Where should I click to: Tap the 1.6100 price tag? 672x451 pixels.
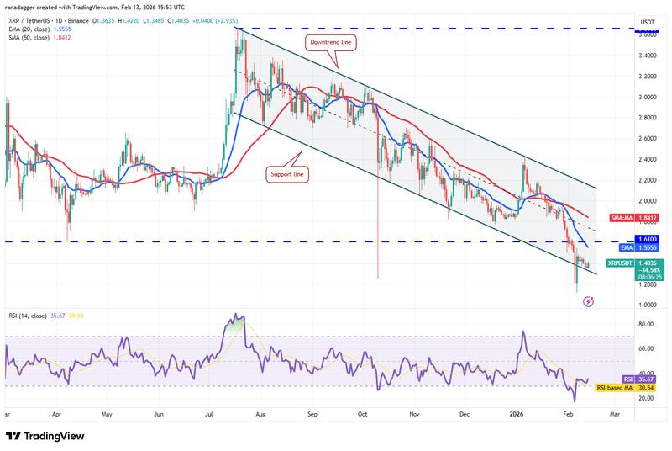coord(647,241)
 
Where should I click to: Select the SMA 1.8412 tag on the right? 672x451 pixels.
coord(646,219)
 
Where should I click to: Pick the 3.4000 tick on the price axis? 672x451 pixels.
coord(646,56)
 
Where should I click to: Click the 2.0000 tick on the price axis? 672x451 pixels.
coord(646,202)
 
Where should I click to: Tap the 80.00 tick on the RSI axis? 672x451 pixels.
coord(646,324)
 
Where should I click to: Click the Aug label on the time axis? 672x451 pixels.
coord(260,415)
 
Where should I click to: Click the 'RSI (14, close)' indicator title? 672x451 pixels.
coord(32,316)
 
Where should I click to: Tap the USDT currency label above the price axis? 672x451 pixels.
coord(647,21)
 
